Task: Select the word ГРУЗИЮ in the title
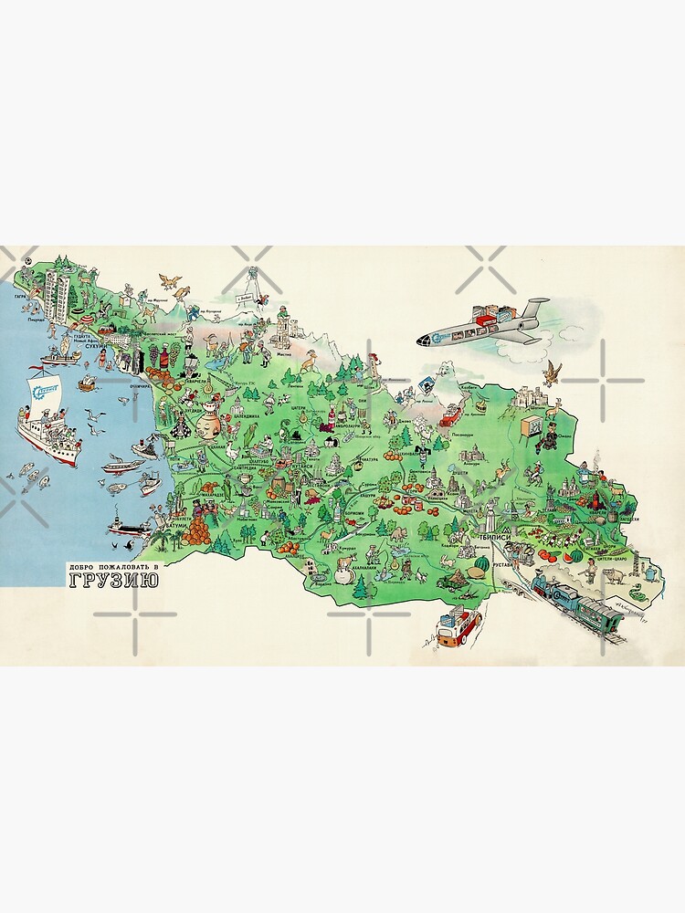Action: pyautogui.click(x=108, y=582)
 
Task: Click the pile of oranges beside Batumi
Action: pyautogui.click(x=194, y=534)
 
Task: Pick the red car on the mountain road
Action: pyautogui.click(x=449, y=418)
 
